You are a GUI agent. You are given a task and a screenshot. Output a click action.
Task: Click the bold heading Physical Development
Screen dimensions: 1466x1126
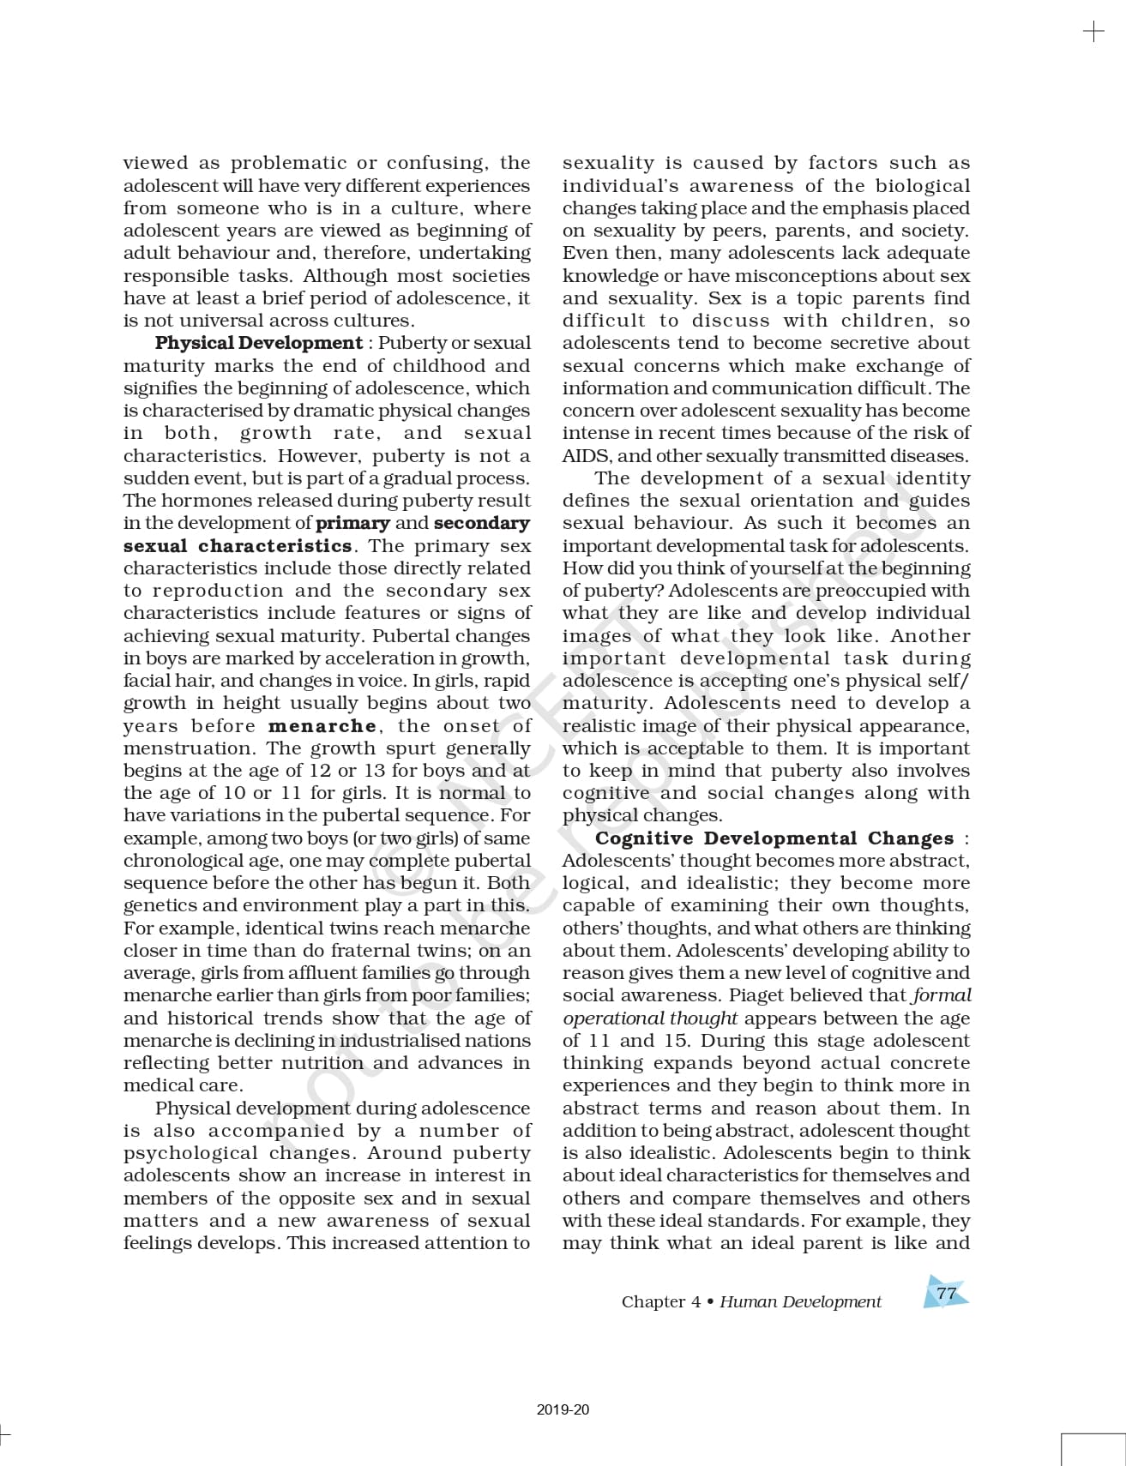point(258,343)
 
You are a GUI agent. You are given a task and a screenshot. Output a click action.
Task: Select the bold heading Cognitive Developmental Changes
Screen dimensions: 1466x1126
point(774,838)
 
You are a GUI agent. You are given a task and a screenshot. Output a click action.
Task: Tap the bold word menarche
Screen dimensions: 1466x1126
point(322,726)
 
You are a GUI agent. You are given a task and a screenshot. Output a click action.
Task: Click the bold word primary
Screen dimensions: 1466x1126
point(352,523)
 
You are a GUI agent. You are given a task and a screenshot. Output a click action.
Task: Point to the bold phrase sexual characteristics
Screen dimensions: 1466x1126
point(238,546)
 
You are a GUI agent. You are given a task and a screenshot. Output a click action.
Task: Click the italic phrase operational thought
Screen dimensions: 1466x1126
point(650,1018)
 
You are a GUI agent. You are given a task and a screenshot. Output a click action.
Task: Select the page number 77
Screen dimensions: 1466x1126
point(946,1294)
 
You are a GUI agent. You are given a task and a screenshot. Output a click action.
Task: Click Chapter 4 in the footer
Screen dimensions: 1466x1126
point(660,1301)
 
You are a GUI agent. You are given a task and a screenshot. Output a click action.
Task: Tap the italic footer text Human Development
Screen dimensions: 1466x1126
point(800,1301)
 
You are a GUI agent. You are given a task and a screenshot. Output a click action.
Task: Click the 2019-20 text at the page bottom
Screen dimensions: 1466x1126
point(563,1409)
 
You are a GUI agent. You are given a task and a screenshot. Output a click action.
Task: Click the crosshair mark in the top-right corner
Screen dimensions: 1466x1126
point(1093,32)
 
